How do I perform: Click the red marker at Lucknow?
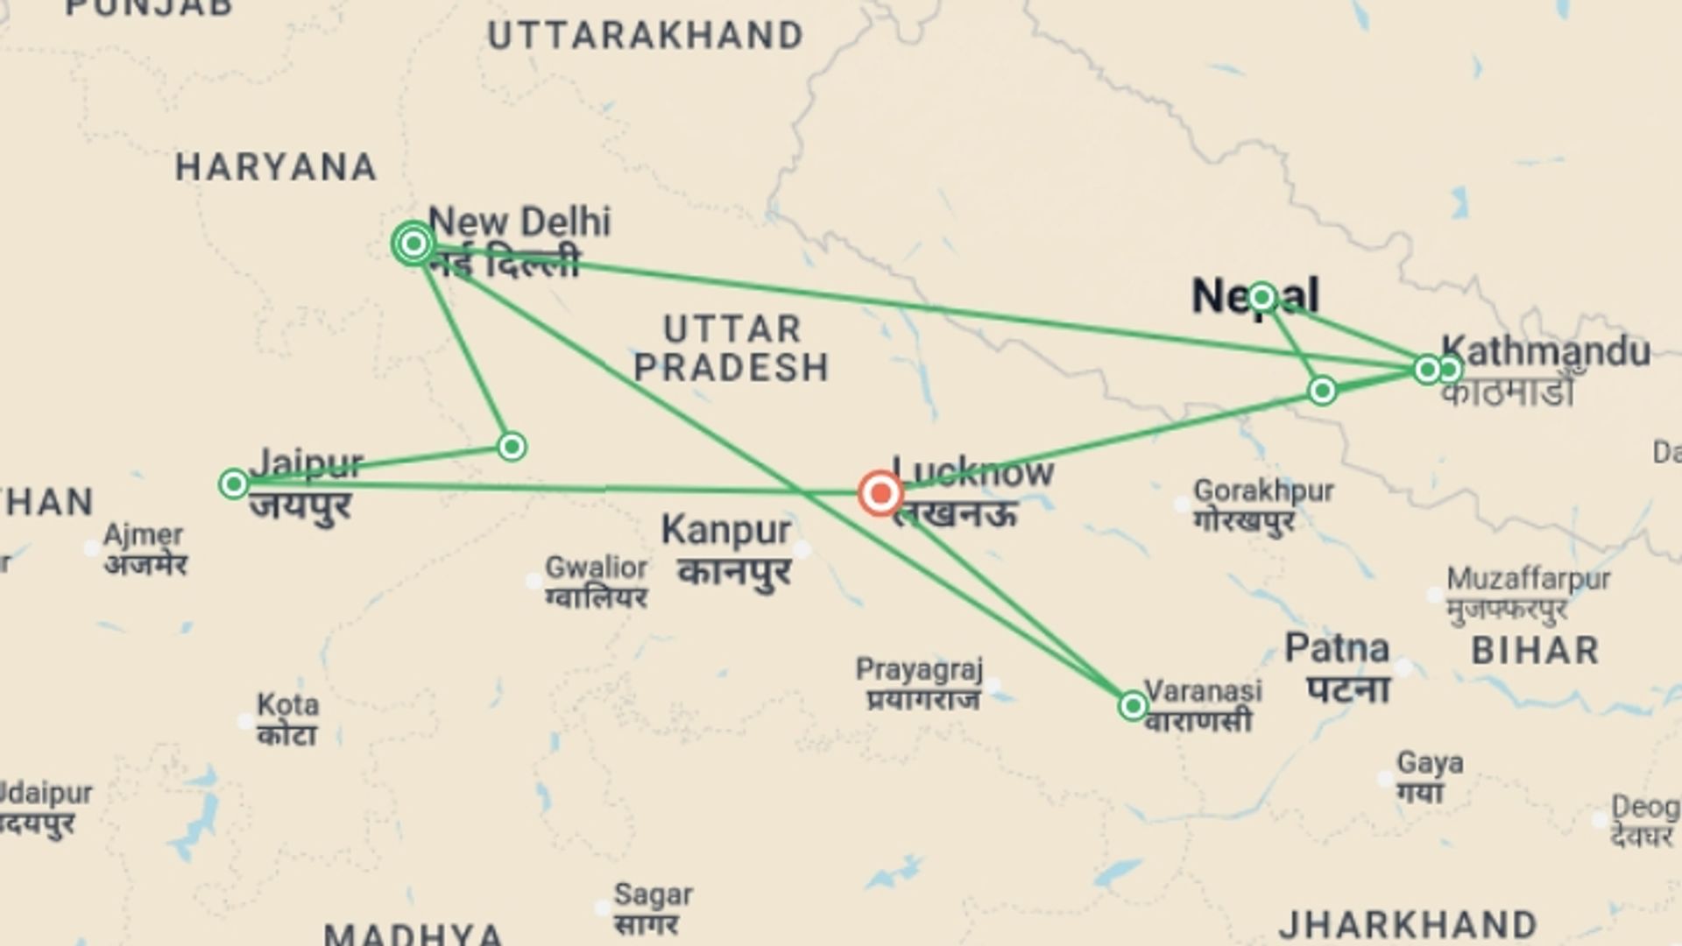pyautogui.click(x=880, y=493)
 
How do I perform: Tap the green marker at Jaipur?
pyautogui.click(x=233, y=484)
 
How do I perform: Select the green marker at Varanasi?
pyautogui.click(x=1133, y=706)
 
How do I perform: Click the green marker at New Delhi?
pyautogui.click(x=413, y=243)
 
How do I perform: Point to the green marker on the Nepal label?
pyautogui.click(x=1261, y=298)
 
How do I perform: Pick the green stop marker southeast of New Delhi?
pyautogui.click(x=512, y=447)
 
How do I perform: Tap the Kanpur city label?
pyautogui.click(x=726, y=530)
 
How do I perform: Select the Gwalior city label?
pyautogui.click(x=596, y=568)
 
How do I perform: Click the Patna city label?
pyautogui.click(x=1337, y=649)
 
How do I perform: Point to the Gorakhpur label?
pyautogui.click(x=1263, y=491)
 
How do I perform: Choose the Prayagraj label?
pyautogui.click(x=919, y=670)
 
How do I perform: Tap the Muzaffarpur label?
pyautogui.click(x=1528, y=579)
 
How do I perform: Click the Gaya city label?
pyautogui.click(x=1429, y=763)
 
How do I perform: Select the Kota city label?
pyautogui.click(x=287, y=705)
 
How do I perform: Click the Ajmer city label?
pyautogui.click(x=144, y=534)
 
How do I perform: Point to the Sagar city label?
pyautogui.click(x=653, y=895)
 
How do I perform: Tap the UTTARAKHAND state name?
pyautogui.click(x=646, y=36)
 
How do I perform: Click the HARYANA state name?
pyautogui.click(x=276, y=167)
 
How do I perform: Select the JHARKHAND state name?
pyautogui.click(x=1408, y=925)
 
